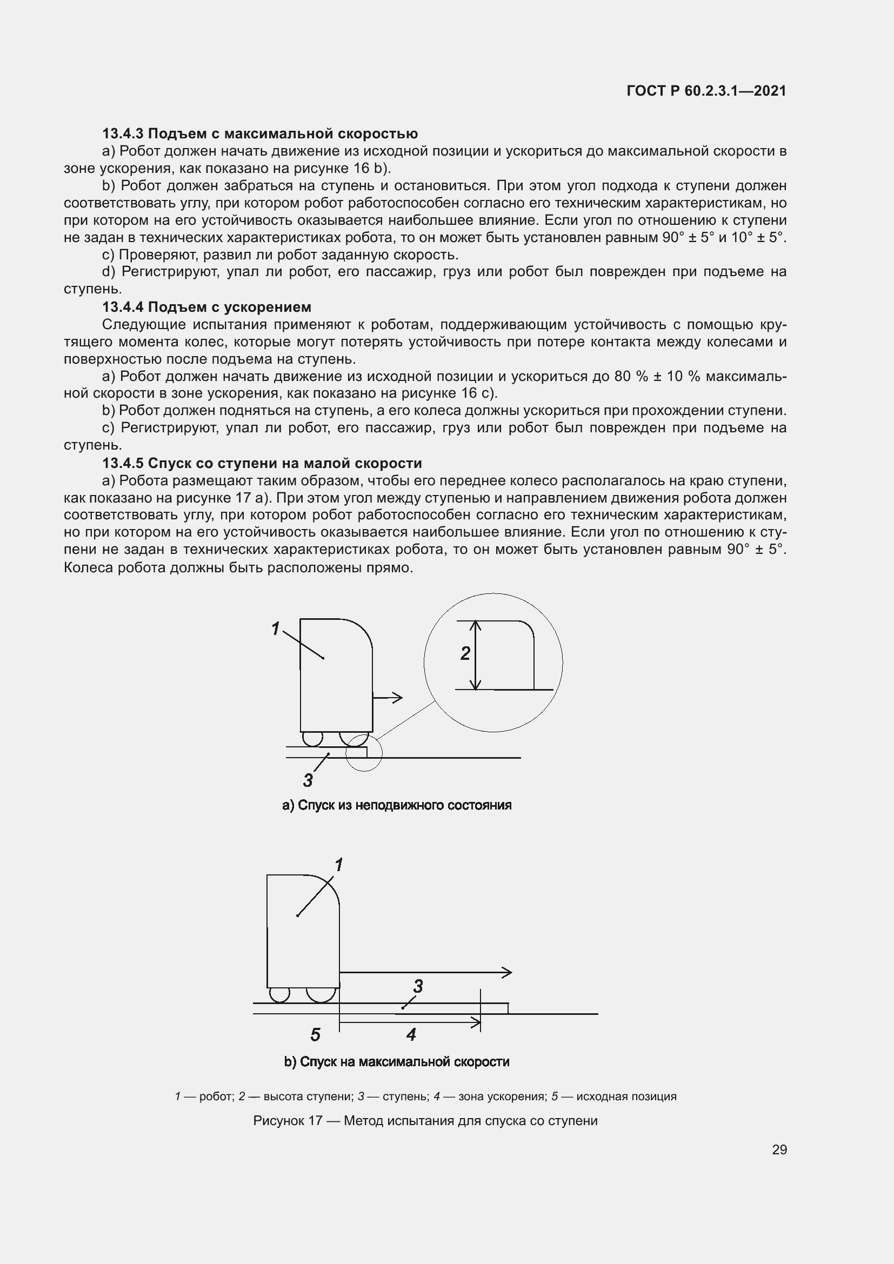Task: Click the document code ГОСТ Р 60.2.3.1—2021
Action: [x=706, y=91]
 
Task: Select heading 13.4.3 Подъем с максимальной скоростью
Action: [x=260, y=134]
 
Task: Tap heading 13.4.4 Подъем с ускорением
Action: [x=206, y=306]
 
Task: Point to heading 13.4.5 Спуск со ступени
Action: [x=262, y=463]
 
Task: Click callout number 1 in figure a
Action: [x=276, y=628]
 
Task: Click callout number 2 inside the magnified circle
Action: [x=465, y=653]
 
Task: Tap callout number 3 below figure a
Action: [x=308, y=780]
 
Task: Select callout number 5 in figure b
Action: [x=315, y=1034]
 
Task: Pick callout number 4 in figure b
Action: [x=411, y=1034]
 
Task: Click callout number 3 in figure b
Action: [x=418, y=986]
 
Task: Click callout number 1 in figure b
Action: [x=338, y=865]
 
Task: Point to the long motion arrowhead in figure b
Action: [x=507, y=972]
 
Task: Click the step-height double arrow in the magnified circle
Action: [x=477, y=655]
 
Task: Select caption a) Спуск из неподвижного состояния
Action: [x=396, y=805]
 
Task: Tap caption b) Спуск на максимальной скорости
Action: [x=396, y=1062]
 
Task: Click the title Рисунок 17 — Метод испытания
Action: [x=425, y=1121]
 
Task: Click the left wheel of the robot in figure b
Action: [x=279, y=994]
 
